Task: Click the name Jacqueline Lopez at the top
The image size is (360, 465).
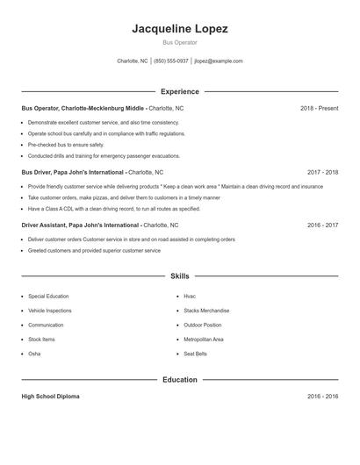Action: click(180, 29)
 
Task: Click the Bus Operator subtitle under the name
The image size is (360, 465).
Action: click(180, 42)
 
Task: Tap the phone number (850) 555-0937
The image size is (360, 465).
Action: click(171, 61)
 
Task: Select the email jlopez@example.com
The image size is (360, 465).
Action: click(219, 61)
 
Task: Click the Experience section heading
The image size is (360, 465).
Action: click(180, 91)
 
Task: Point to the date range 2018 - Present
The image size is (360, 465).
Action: click(319, 108)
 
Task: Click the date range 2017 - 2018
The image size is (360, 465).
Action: click(322, 173)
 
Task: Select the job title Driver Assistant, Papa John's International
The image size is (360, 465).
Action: click(81, 225)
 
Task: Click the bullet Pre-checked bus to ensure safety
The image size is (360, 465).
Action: click(66, 145)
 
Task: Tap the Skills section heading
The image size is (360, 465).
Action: click(180, 275)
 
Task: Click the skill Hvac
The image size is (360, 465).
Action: click(190, 297)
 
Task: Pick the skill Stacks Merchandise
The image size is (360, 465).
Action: click(206, 311)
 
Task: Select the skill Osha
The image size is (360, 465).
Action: click(34, 354)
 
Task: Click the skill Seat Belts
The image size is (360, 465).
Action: click(195, 354)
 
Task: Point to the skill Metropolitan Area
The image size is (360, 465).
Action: click(204, 339)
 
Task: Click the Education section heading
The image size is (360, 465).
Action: click(180, 380)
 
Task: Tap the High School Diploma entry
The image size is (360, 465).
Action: click(50, 397)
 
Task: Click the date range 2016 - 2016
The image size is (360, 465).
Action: click(322, 397)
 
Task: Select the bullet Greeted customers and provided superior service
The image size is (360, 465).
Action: click(94, 251)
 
